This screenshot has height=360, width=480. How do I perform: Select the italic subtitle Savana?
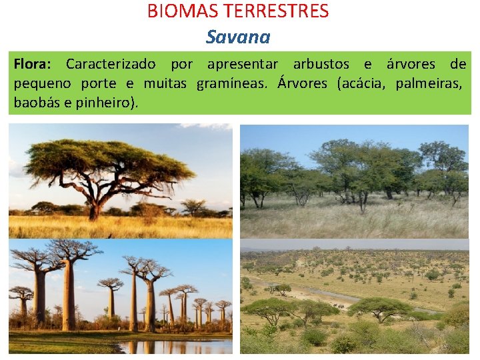click(x=238, y=37)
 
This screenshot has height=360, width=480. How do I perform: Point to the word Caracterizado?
click(x=111, y=65)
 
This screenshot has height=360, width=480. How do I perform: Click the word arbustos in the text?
click(x=321, y=65)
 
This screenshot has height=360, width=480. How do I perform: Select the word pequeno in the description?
click(x=40, y=84)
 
